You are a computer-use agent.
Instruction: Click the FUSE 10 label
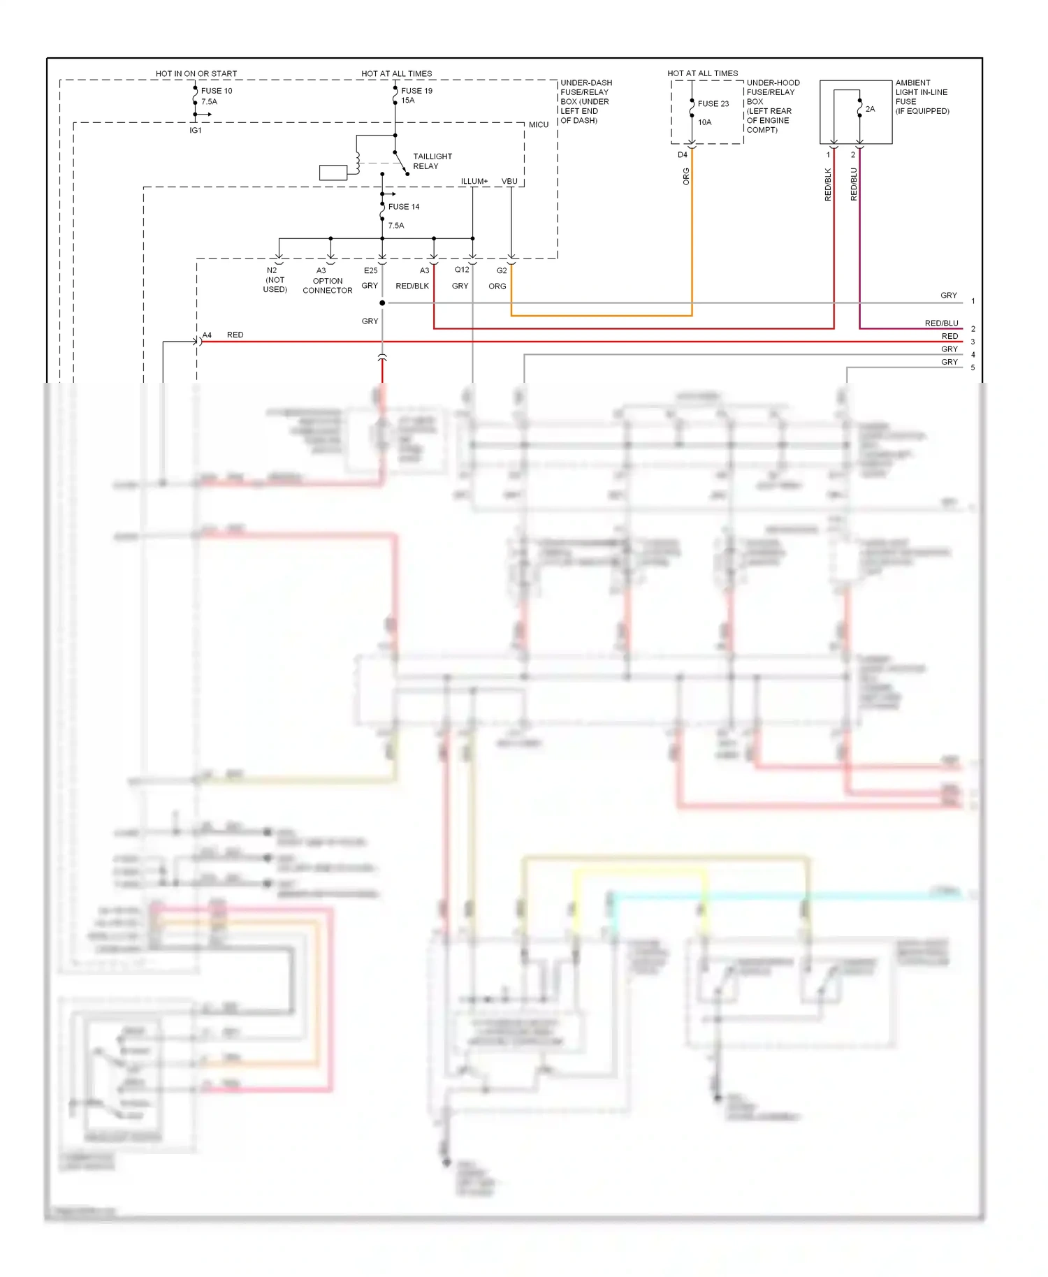coord(217,91)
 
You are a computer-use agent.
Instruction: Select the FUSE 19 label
coord(416,91)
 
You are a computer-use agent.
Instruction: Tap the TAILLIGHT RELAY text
coord(432,161)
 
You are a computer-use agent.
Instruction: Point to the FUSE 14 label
coord(404,207)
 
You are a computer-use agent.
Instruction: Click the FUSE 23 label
coord(713,103)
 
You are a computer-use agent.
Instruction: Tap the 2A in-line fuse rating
coord(870,109)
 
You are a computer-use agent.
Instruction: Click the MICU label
coord(538,125)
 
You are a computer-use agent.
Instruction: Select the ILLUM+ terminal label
coord(474,182)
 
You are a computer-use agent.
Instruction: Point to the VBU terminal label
coord(509,182)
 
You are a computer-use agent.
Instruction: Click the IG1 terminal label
coord(196,131)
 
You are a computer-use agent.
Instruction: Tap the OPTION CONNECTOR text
coord(327,286)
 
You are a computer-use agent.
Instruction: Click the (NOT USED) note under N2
coord(275,285)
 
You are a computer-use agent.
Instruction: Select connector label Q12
coord(462,270)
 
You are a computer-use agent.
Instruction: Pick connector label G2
coord(502,270)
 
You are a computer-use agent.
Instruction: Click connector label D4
coord(682,155)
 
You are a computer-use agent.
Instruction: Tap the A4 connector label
coord(207,335)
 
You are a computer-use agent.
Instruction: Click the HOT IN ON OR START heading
coord(196,73)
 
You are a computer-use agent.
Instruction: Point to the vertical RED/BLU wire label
coord(853,184)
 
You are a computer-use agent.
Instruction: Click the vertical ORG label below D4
coord(686,176)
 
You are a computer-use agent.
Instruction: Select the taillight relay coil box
coord(333,173)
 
